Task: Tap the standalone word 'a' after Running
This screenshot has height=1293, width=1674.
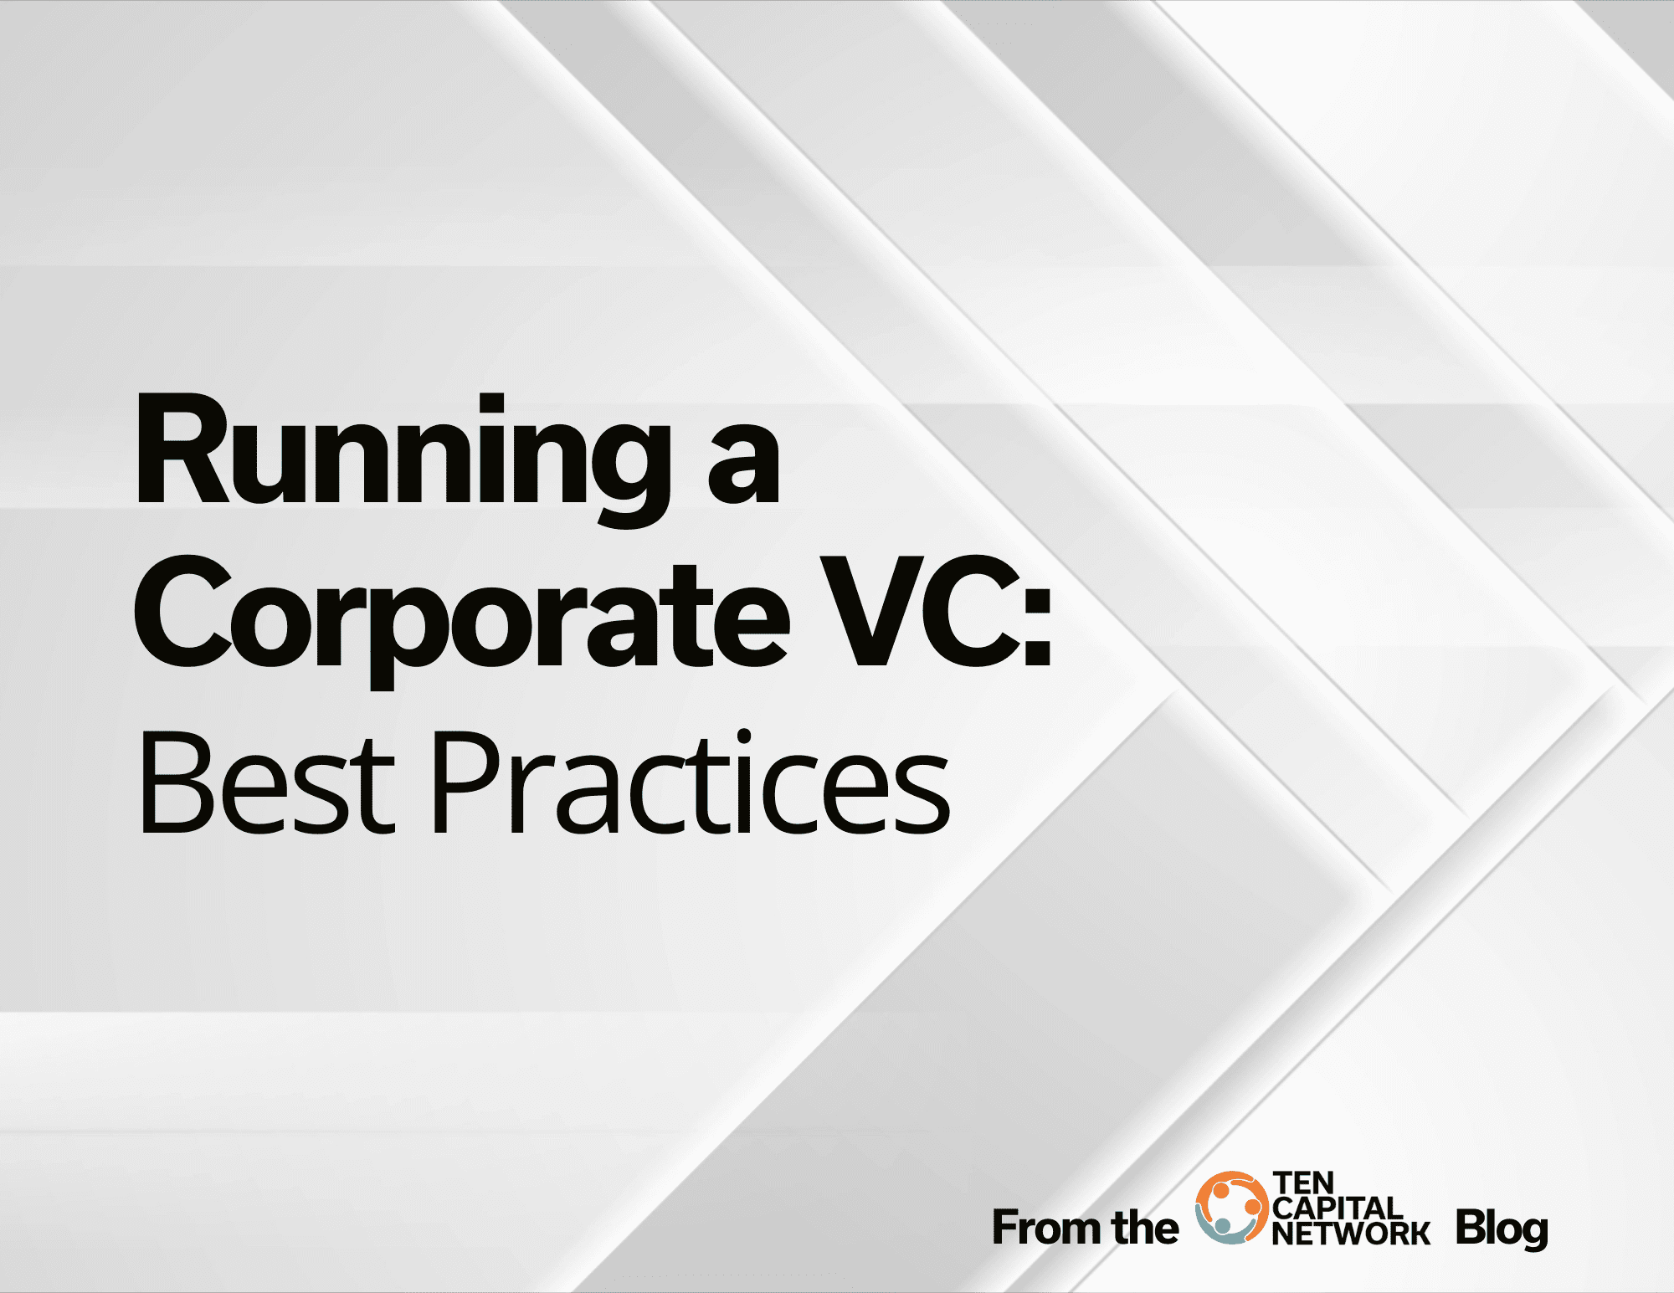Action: click(744, 464)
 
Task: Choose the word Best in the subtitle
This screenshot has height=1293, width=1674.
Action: click(266, 783)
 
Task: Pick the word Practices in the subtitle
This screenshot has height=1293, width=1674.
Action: click(692, 783)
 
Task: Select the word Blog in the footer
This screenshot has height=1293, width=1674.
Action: click(1502, 1229)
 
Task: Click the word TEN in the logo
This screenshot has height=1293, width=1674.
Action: click(1303, 1183)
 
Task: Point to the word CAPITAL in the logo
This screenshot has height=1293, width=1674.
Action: click(1338, 1208)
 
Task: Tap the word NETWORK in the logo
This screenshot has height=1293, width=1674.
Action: click(1351, 1233)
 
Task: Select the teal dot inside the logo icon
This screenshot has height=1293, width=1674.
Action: click(1223, 1225)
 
